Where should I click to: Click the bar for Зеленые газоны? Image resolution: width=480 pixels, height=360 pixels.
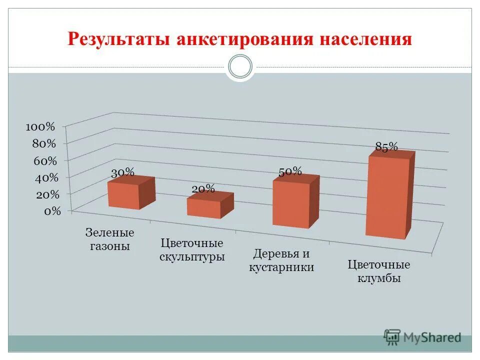[x=124, y=195]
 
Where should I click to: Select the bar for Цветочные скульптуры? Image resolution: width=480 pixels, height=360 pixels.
[x=204, y=207]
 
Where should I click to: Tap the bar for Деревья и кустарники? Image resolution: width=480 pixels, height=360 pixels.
[x=291, y=203]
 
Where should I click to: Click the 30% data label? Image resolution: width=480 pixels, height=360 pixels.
[x=122, y=173]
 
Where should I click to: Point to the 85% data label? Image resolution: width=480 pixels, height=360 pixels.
[x=386, y=146]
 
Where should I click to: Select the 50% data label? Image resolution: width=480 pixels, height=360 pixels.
[x=290, y=172]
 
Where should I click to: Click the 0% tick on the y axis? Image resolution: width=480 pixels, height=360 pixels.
[x=52, y=211]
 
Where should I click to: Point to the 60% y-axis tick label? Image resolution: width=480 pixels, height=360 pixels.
[x=45, y=160]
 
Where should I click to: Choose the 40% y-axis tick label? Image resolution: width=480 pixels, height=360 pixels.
[x=45, y=177]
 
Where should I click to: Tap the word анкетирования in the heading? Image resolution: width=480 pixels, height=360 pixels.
[x=242, y=39]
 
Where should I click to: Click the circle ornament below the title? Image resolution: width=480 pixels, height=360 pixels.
[x=240, y=67]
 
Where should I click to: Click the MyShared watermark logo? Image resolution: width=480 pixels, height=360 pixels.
[x=422, y=337]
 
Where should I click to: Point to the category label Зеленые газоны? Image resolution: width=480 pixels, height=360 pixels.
[x=110, y=239]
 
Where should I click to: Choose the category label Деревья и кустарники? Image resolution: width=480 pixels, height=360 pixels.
[x=281, y=260]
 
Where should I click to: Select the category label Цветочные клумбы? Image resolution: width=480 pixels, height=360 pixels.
[x=379, y=271]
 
